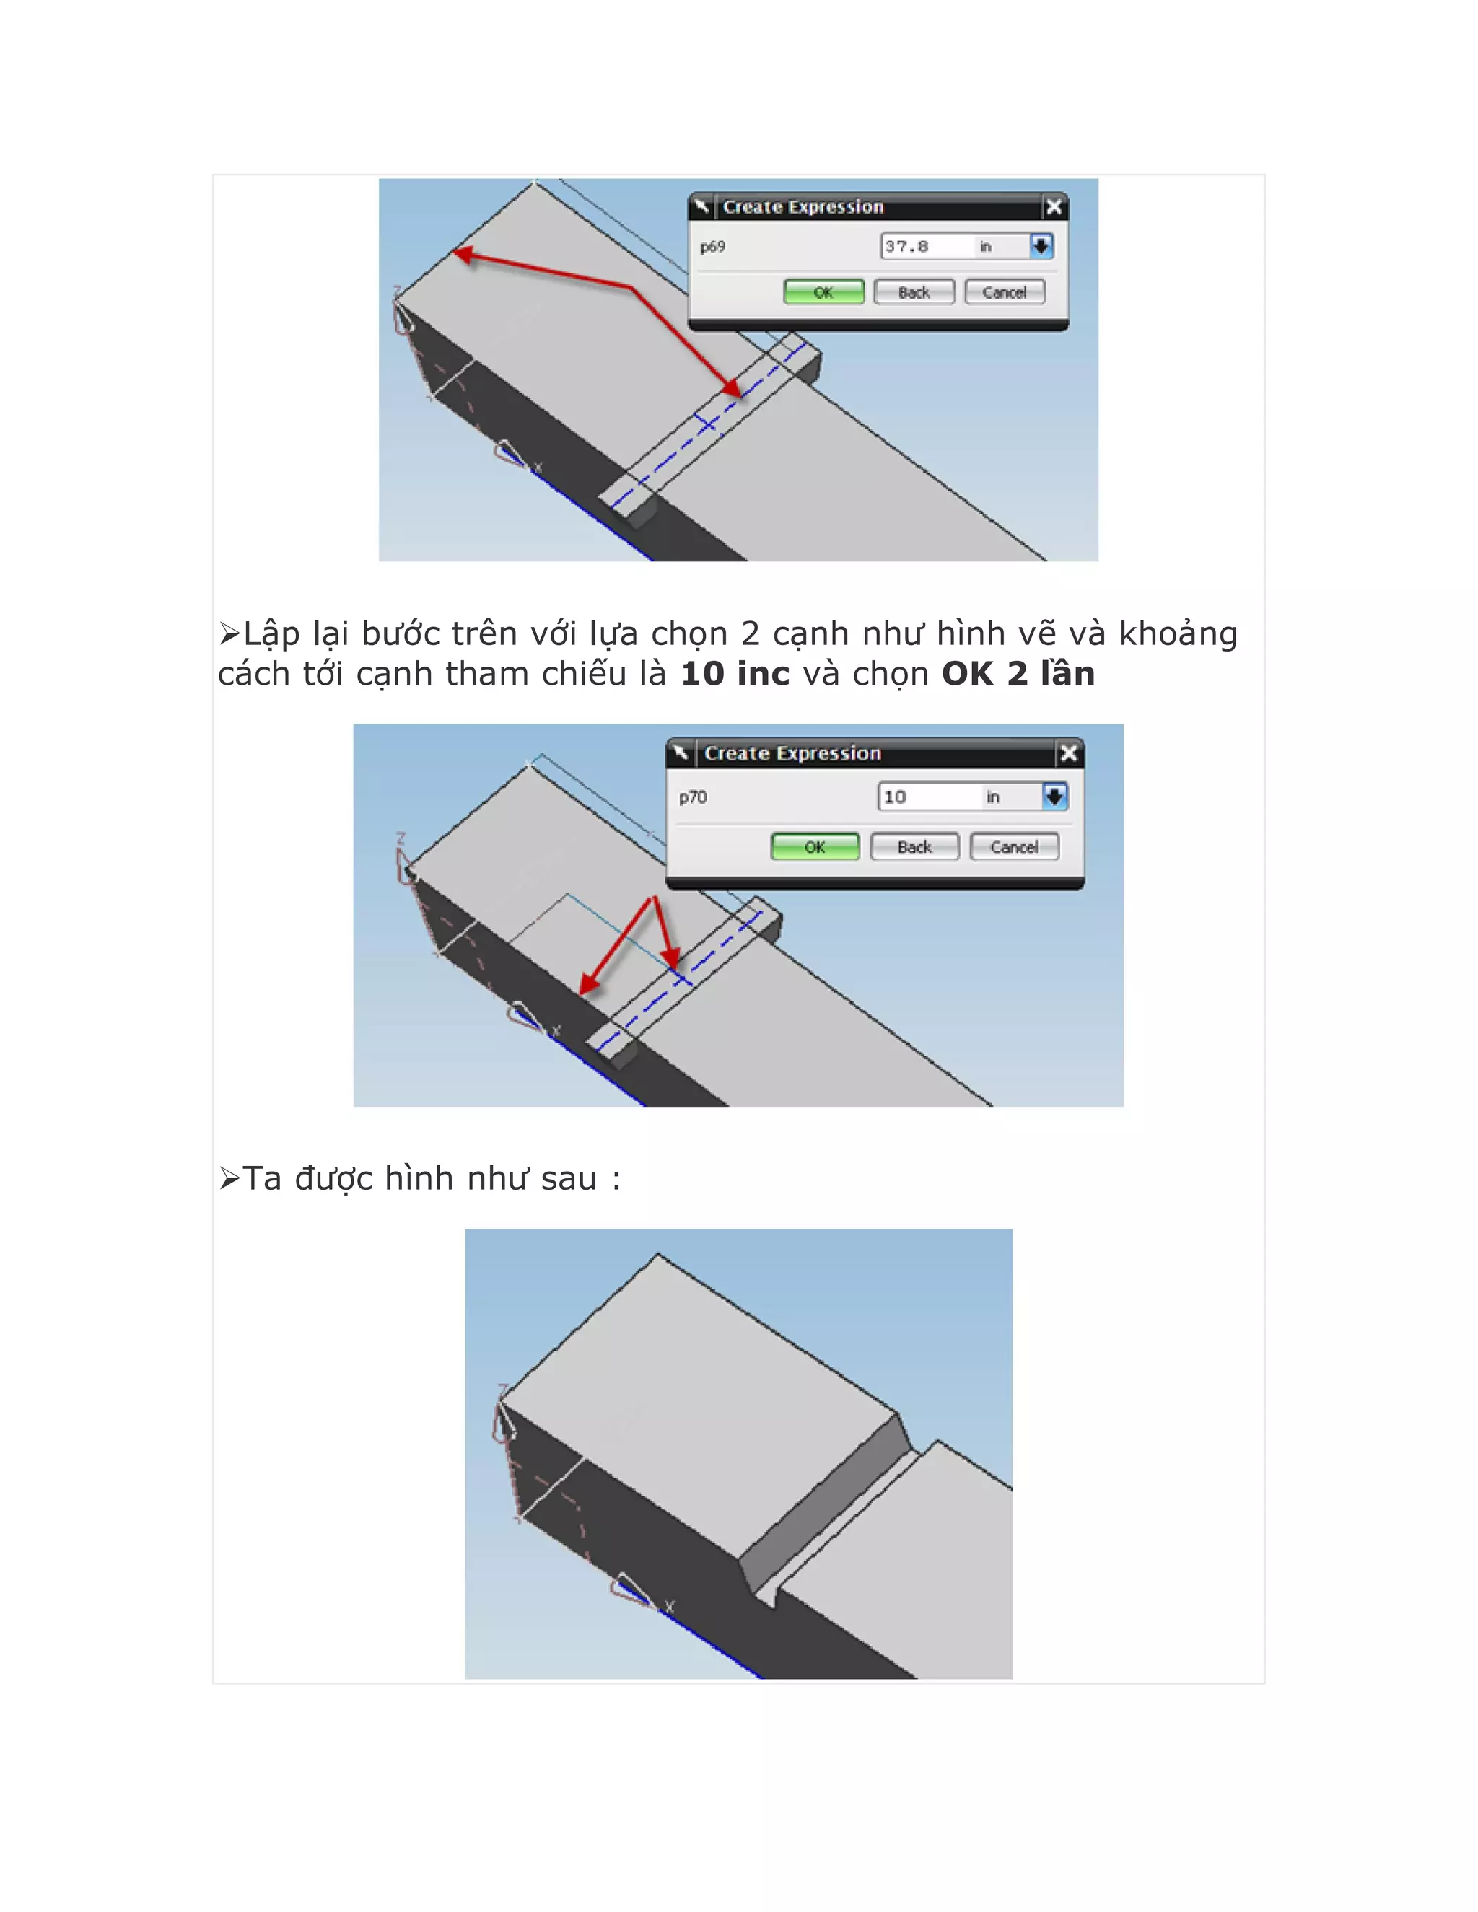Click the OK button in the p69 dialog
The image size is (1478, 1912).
click(823, 291)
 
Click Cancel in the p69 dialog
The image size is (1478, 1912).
click(1005, 291)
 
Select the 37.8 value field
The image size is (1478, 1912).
click(927, 246)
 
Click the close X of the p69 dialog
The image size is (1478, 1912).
click(1054, 206)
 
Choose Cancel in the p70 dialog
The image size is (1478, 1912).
click(1015, 846)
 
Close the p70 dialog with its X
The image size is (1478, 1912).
click(1069, 753)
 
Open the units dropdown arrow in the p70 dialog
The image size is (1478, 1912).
click(1054, 797)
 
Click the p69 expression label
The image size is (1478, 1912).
click(713, 247)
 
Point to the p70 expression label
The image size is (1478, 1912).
click(693, 797)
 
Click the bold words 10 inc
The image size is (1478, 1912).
click(735, 673)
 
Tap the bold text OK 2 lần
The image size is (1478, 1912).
click(1018, 673)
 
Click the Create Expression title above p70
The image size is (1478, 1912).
click(792, 753)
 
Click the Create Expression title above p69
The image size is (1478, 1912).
click(803, 206)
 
